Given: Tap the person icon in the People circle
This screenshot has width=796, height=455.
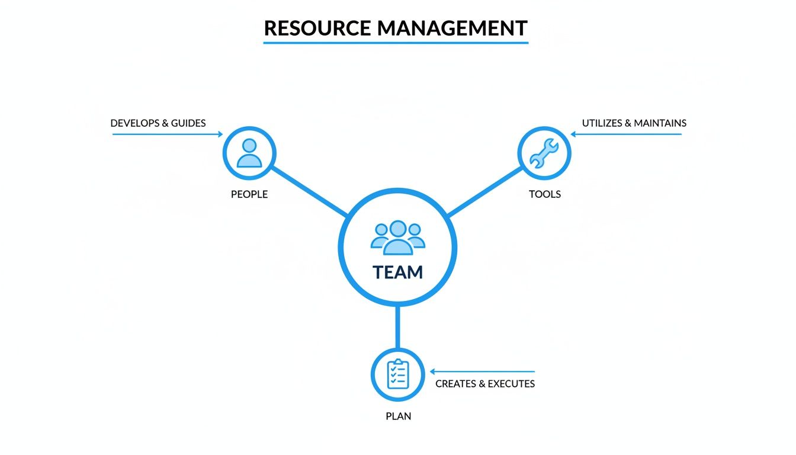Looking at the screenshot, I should click(249, 153).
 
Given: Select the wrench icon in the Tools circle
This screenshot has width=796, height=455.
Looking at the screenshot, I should click(544, 153).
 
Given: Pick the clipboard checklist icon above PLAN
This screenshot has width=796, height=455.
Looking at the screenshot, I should click(397, 374).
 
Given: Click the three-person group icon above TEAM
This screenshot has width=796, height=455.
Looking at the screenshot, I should click(397, 238).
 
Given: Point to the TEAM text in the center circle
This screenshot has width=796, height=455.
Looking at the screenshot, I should click(397, 273).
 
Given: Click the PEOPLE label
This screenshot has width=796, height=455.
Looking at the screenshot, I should click(249, 194).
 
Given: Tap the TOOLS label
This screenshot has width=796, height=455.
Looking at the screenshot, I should click(544, 194).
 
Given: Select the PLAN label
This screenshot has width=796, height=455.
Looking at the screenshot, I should click(398, 416).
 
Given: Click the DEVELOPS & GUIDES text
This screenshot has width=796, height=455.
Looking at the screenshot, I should click(158, 123).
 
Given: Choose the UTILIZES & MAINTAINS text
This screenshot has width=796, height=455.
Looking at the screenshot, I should click(634, 123).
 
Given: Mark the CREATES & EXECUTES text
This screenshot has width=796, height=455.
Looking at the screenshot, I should click(485, 384).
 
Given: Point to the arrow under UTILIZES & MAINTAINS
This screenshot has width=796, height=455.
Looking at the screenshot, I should click(626, 134).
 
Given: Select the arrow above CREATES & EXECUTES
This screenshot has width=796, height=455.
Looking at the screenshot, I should click(482, 371).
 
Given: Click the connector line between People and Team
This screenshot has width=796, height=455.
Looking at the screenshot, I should click(309, 191).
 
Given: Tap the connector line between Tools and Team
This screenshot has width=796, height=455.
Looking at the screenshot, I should click(484, 191).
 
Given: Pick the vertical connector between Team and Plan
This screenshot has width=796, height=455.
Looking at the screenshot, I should click(397, 328).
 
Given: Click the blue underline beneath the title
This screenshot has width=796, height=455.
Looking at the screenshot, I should click(396, 43).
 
